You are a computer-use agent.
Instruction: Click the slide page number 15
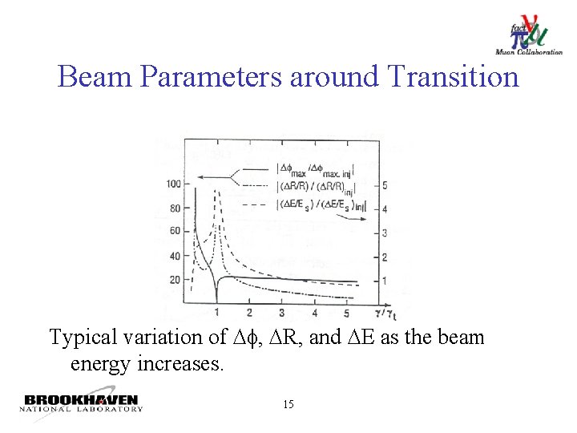(x=288, y=404)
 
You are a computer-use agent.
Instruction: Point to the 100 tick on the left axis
(x=172, y=184)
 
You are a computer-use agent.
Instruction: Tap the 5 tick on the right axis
(x=385, y=185)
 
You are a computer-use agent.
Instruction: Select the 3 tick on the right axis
(x=385, y=233)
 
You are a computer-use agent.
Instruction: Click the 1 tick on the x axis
(x=217, y=312)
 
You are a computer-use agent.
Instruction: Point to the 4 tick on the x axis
(x=314, y=312)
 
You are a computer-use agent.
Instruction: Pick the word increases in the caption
(x=177, y=364)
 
